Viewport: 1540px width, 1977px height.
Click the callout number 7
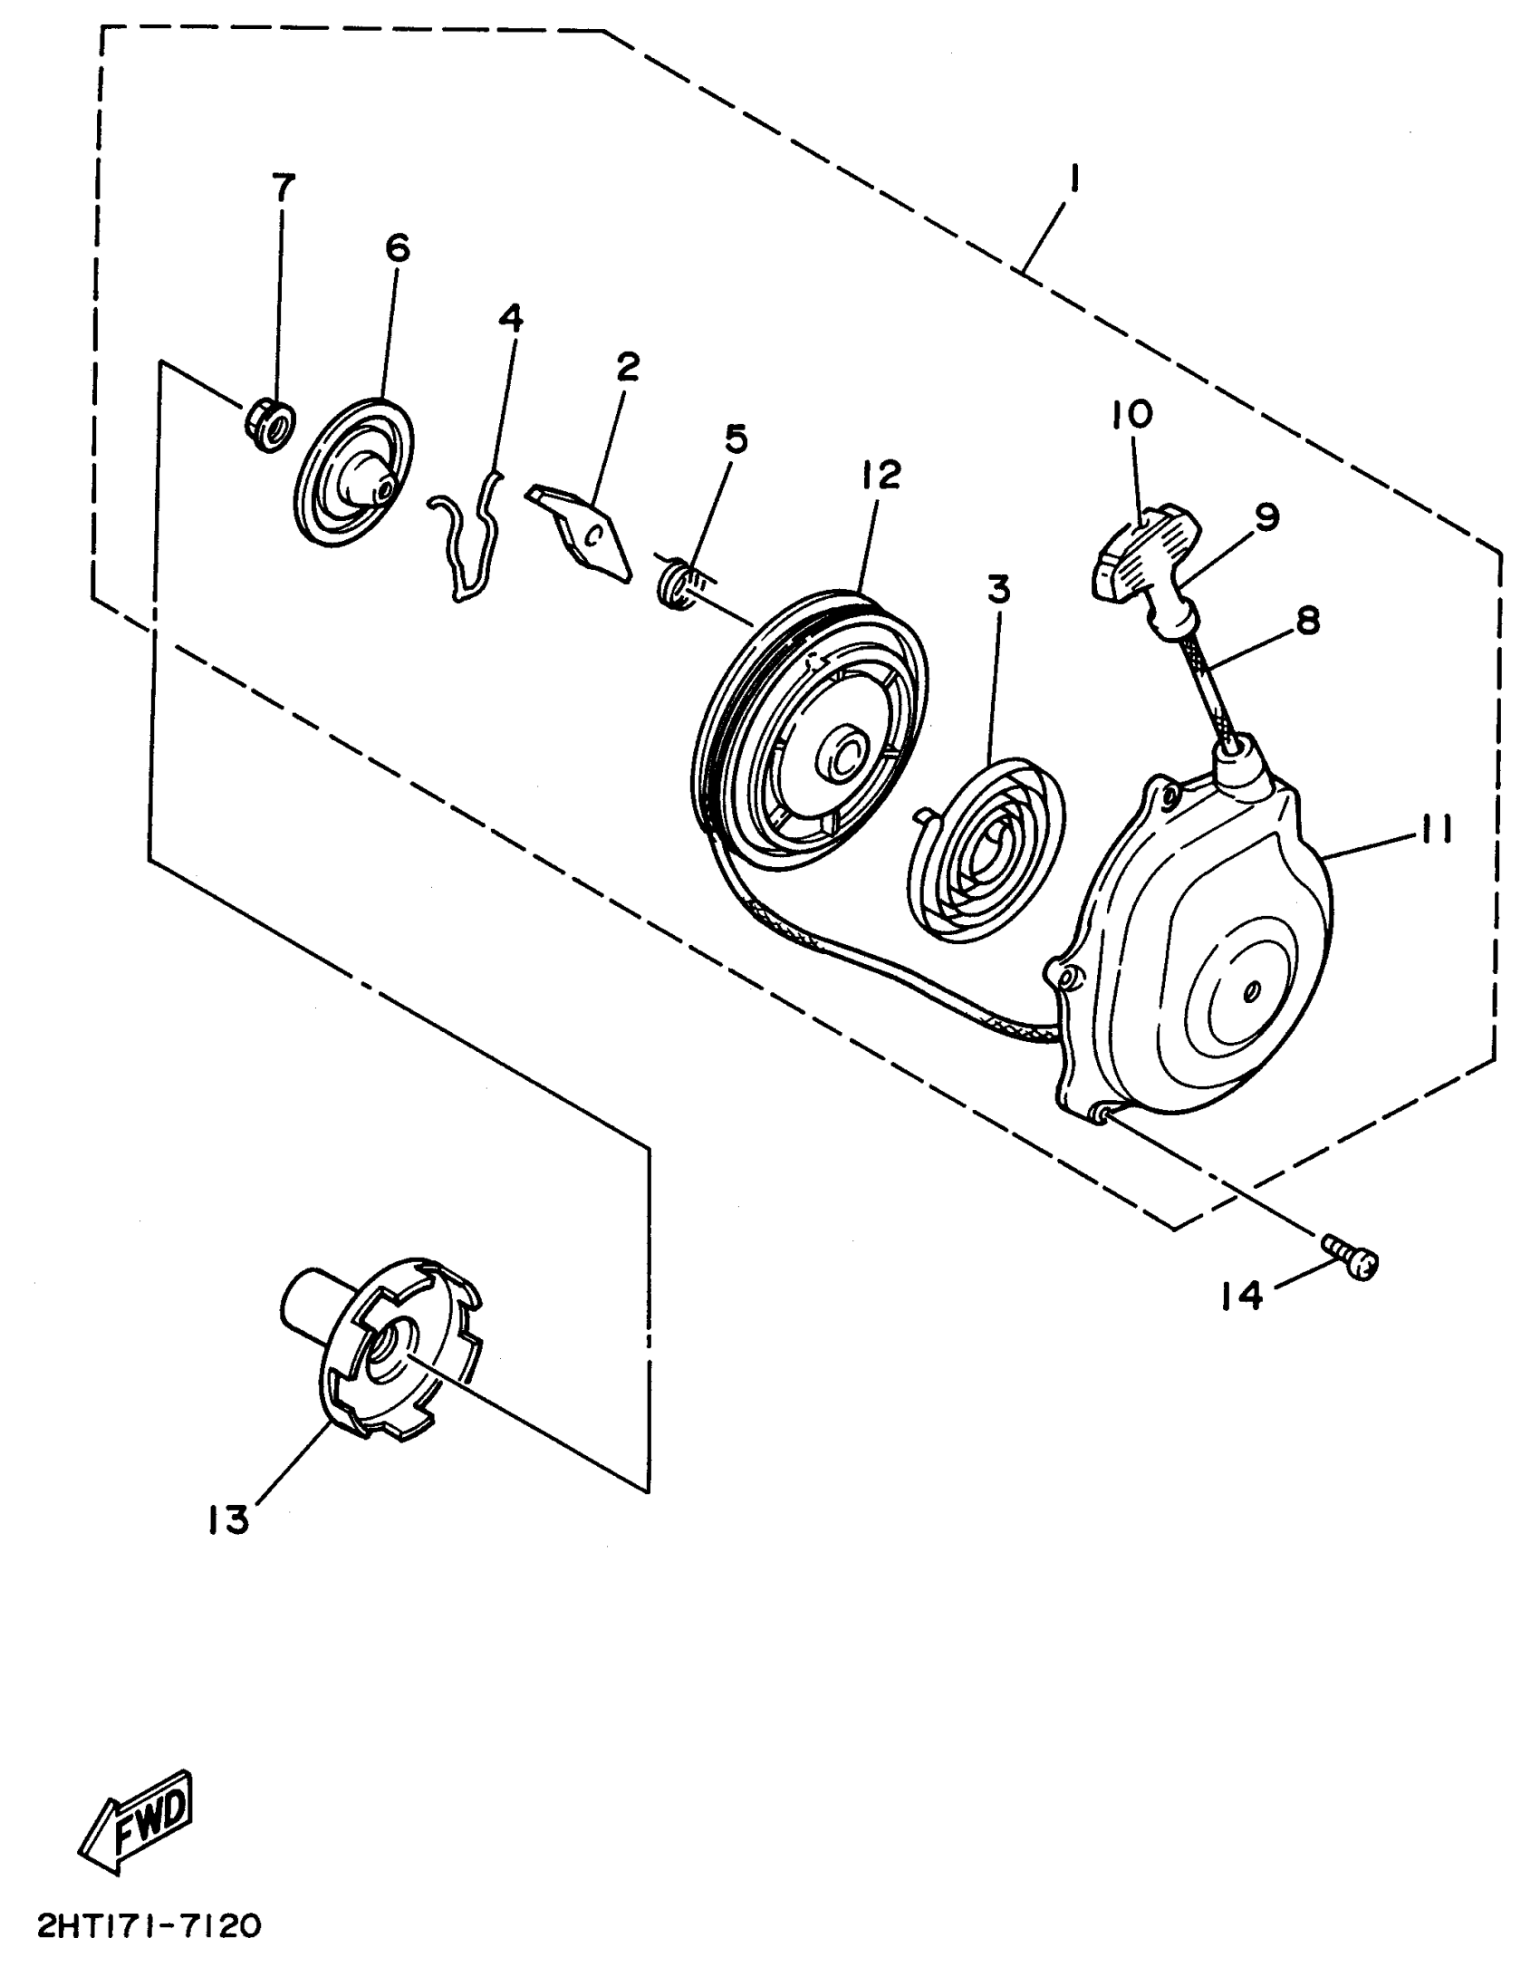pos(283,188)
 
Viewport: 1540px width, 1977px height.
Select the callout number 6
pos(398,248)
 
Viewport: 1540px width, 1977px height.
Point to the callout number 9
pos(1266,517)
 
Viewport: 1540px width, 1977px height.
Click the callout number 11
pos(1434,829)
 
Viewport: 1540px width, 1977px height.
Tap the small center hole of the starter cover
pos(1250,992)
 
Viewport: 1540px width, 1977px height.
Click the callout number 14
pos(1239,1297)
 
